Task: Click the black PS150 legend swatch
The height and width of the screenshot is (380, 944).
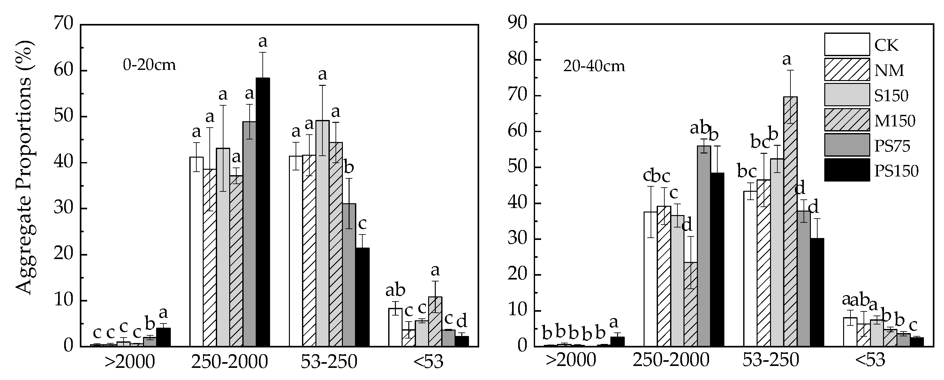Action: (847, 170)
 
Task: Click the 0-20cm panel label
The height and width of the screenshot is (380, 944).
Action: (149, 65)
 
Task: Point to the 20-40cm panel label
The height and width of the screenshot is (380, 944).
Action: (594, 66)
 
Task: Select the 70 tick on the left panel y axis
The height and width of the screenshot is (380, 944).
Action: (64, 25)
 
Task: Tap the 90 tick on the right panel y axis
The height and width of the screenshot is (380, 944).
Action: (517, 25)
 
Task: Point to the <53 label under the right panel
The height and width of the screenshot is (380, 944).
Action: (870, 361)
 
